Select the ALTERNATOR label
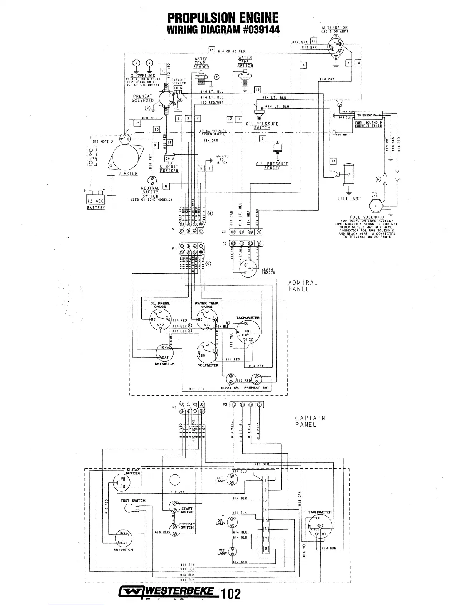(x=334, y=28)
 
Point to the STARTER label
(x=128, y=173)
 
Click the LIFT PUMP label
(x=349, y=198)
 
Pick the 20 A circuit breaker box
(x=169, y=159)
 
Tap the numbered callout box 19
(x=211, y=50)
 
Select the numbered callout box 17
(x=333, y=161)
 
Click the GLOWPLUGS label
(x=142, y=76)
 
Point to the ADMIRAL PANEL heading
(x=303, y=286)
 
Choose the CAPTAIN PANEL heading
(x=310, y=421)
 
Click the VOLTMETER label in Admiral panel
(x=208, y=365)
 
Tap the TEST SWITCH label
(x=133, y=501)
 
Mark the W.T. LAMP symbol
(x=232, y=553)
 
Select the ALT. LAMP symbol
(x=232, y=479)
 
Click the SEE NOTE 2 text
(x=102, y=142)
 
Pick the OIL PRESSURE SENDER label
(x=272, y=166)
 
